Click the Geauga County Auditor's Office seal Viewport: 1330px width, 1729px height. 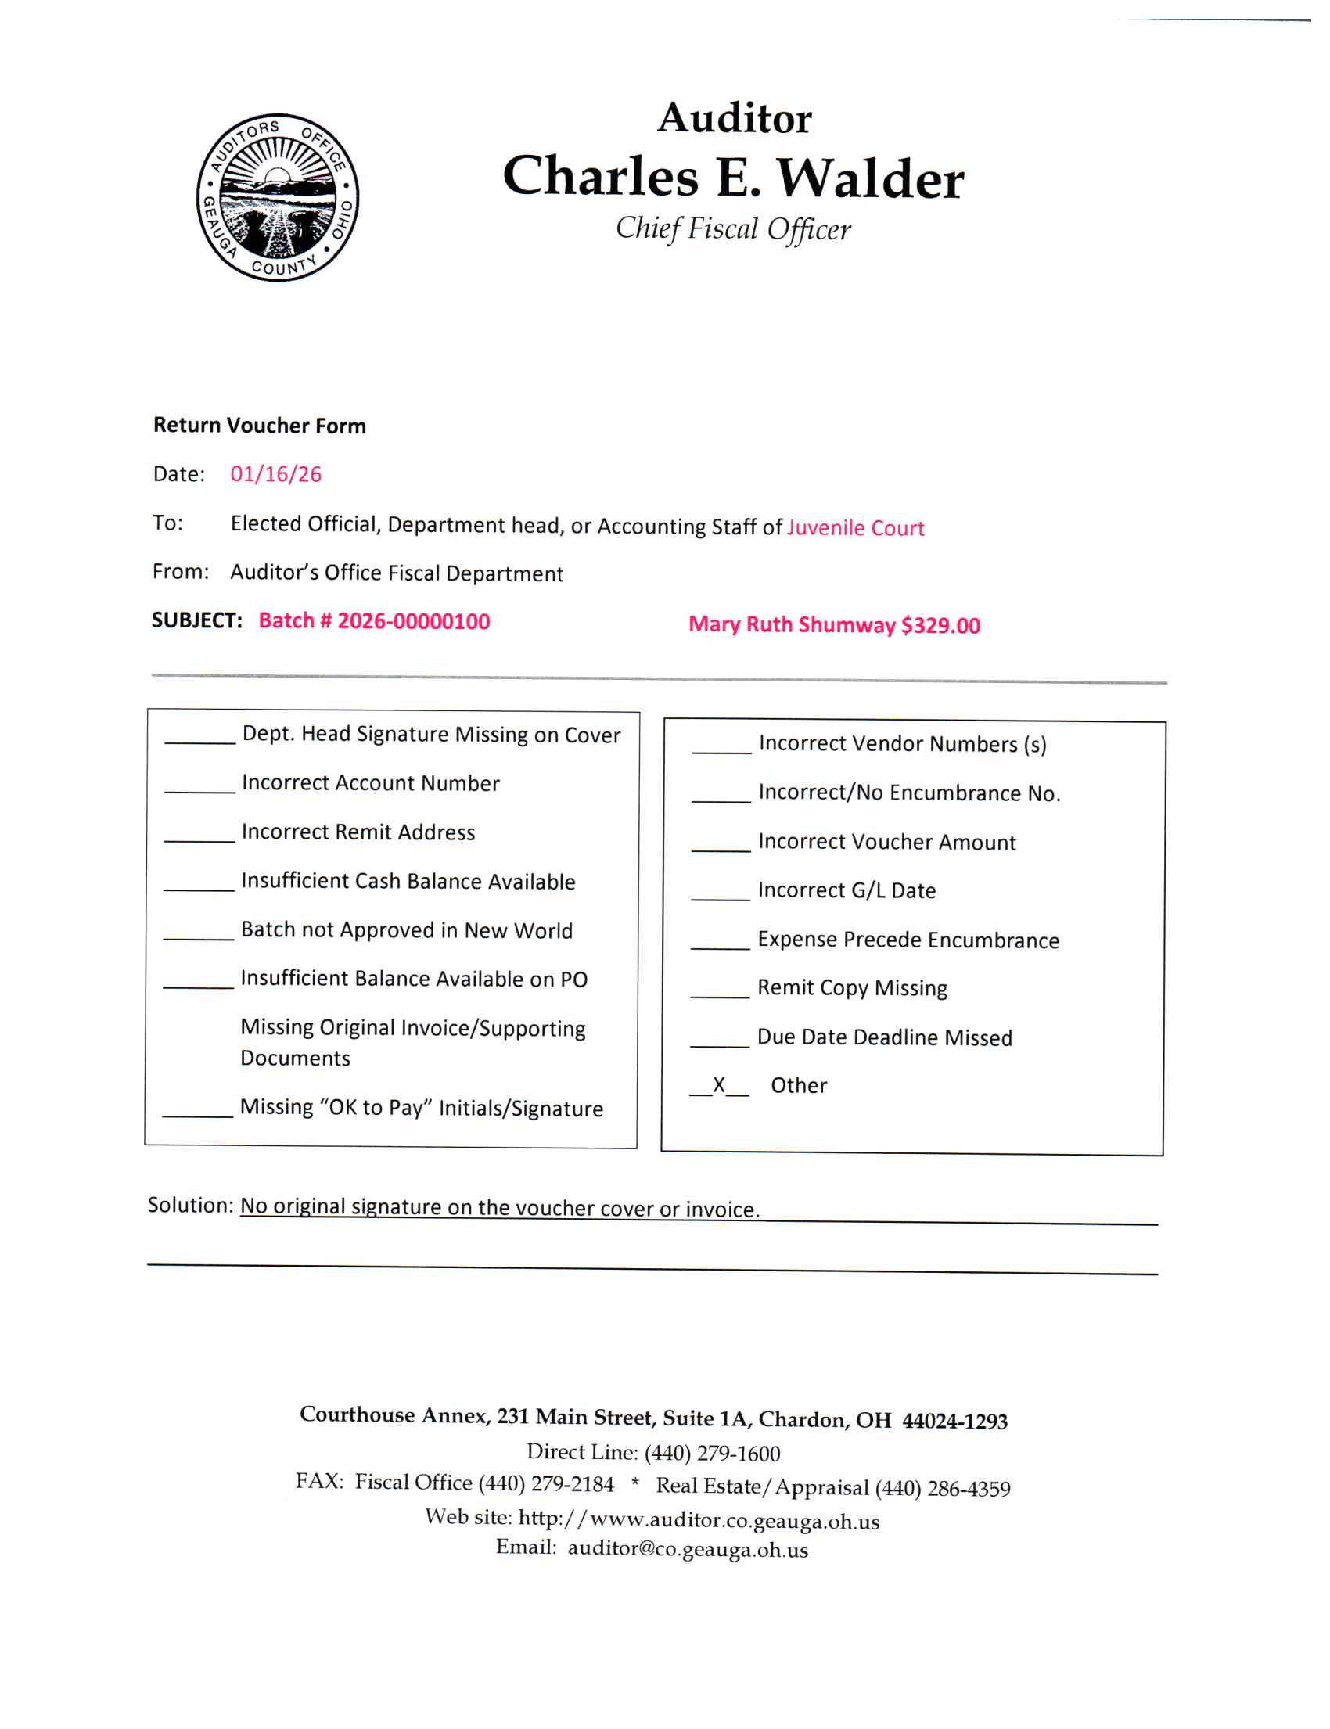(x=278, y=197)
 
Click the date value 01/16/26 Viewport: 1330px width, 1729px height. (x=275, y=474)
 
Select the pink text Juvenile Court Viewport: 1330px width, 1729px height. (x=855, y=528)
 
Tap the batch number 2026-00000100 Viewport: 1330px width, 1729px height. (x=413, y=621)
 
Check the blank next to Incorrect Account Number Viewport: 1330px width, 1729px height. (x=199, y=784)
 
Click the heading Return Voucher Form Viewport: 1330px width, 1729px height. (x=260, y=426)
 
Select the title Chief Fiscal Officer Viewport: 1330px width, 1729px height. (x=733, y=228)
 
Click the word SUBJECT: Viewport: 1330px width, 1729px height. (x=197, y=620)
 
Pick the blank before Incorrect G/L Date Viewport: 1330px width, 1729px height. (x=721, y=891)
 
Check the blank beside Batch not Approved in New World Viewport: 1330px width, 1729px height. (x=199, y=931)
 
